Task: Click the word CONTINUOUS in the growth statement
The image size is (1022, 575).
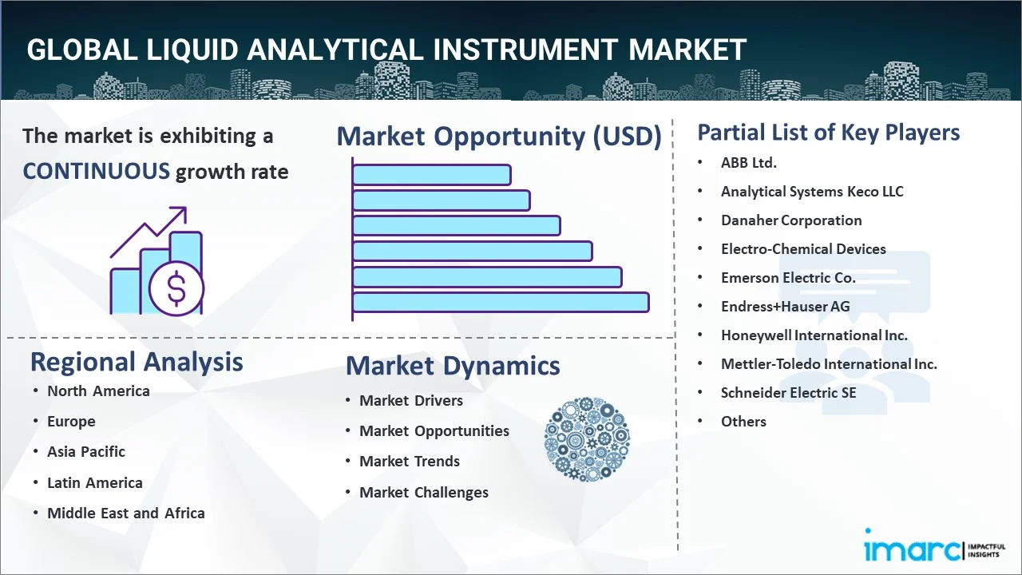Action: [x=97, y=172]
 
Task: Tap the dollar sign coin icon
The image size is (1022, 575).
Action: [x=176, y=288]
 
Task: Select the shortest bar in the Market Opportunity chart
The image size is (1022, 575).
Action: [x=432, y=175]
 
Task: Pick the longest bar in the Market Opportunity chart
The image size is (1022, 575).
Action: [x=501, y=303]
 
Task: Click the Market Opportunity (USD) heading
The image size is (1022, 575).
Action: [x=499, y=136]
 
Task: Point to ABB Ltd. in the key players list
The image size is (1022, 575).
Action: [x=749, y=162]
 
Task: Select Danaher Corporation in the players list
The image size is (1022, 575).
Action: [x=791, y=220]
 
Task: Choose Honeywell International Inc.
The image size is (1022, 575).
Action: [x=814, y=335]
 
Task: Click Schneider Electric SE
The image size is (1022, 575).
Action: [x=788, y=393]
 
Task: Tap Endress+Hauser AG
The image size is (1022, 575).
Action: [x=785, y=307]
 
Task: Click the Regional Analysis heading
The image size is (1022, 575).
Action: [x=137, y=363]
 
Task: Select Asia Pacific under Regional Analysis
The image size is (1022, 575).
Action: [x=86, y=452]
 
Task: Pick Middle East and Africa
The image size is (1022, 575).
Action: [x=126, y=513]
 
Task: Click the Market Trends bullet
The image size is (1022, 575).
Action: [x=410, y=462]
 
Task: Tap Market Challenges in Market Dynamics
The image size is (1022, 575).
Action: [x=424, y=493]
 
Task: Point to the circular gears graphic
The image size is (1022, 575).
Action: [x=587, y=439]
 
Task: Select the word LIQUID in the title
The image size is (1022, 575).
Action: [x=192, y=50]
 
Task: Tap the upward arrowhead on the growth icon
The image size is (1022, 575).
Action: [x=180, y=214]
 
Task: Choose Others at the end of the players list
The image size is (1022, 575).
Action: [x=743, y=422]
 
